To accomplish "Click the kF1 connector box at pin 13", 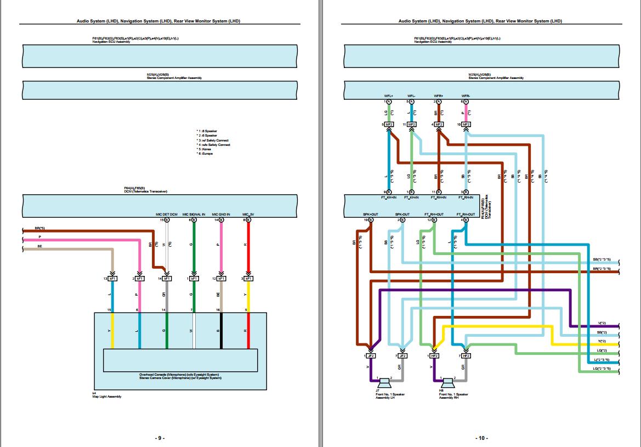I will click(x=113, y=279).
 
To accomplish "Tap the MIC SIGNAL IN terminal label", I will click(x=194, y=214).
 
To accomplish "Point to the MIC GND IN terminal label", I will click(x=221, y=214).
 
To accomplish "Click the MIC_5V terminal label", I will click(x=248, y=214).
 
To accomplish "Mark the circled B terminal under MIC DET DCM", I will click(x=167, y=220).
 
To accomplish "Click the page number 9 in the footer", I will click(x=159, y=438).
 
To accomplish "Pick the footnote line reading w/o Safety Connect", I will click(x=214, y=145).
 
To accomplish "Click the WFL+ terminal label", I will click(x=389, y=96).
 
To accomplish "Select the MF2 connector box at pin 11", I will click(x=412, y=125).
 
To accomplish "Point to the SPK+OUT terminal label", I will click(x=371, y=214).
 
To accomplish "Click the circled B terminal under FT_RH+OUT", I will click(x=435, y=220).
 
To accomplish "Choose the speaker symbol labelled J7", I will click(x=383, y=382).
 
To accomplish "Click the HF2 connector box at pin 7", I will click(x=466, y=355).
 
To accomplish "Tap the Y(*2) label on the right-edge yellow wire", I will click(x=602, y=341).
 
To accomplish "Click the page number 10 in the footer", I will click(x=481, y=438).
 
